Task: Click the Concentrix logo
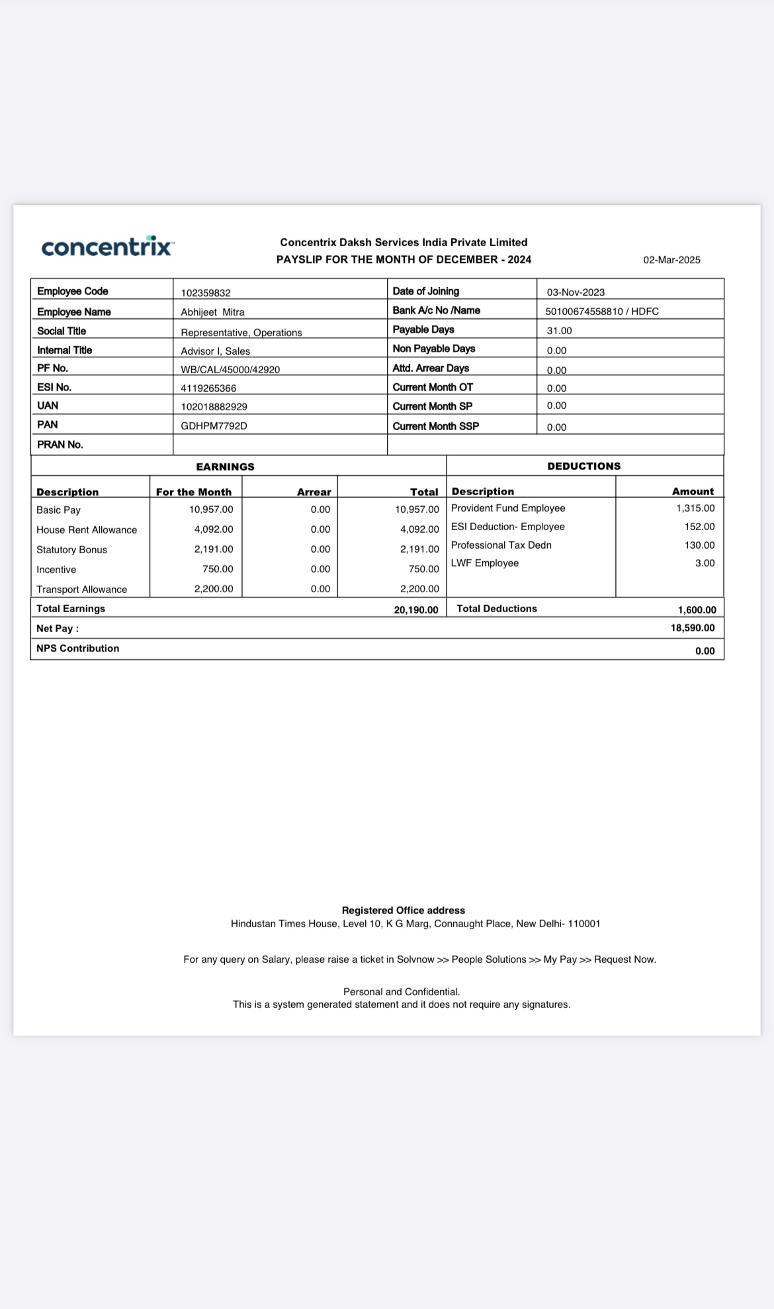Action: tap(107, 247)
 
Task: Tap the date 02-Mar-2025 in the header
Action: tap(671, 260)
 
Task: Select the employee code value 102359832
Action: tap(206, 293)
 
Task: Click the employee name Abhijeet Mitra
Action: tap(213, 312)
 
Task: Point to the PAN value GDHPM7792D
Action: tap(214, 426)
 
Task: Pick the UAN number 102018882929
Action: tap(214, 406)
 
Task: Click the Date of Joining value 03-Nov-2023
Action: tap(576, 293)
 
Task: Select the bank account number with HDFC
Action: tap(602, 311)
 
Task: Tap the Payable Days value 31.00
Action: tap(559, 330)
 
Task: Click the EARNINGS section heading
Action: tap(225, 467)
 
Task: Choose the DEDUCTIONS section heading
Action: tap(583, 466)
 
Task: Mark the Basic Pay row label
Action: tap(58, 510)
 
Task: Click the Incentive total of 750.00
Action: tap(423, 569)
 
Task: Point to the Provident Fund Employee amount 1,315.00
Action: tap(695, 508)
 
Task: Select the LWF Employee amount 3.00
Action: tap(705, 563)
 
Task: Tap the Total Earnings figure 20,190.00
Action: tap(416, 609)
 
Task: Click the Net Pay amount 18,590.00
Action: tap(693, 628)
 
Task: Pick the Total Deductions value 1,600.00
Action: tap(697, 609)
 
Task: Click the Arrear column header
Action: tap(314, 492)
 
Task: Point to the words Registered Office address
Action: tap(404, 911)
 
